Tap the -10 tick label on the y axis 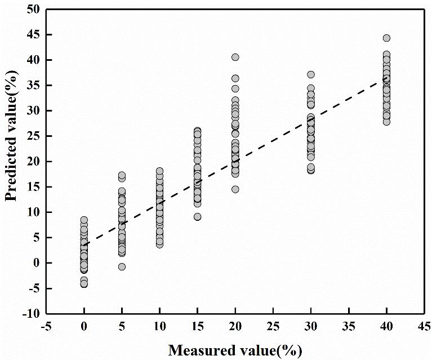tap(31, 314)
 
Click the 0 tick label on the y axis tap(36, 263)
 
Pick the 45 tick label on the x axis tap(424, 327)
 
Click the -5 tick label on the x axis tap(46, 327)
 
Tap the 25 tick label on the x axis tap(273, 327)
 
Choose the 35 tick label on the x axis tap(349, 327)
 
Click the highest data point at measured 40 tap(386, 38)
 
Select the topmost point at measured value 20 tap(235, 57)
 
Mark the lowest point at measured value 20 tap(235, 189)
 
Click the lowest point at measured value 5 tap(122, 266)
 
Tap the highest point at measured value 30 tap(311, 74)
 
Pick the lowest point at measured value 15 tap(197, 217)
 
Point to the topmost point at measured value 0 tap(84, 220)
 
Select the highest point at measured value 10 tap(159, 171)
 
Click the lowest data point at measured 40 tap(386, 122)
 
